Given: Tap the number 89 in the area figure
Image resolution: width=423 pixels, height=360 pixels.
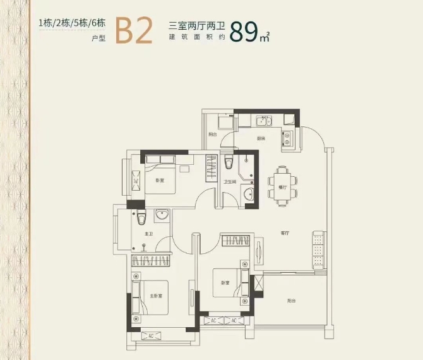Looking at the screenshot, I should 244,32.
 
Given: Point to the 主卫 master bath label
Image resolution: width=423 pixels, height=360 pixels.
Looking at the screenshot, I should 149,234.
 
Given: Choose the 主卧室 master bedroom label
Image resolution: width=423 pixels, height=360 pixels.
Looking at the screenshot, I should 156,296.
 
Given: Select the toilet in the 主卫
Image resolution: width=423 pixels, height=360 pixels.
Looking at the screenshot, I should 142,218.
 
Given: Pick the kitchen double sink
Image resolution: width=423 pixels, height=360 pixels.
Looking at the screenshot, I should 264,121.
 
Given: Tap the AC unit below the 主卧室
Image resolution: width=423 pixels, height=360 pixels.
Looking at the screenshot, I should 151,336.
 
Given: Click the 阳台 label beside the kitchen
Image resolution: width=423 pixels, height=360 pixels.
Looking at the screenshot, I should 213,134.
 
